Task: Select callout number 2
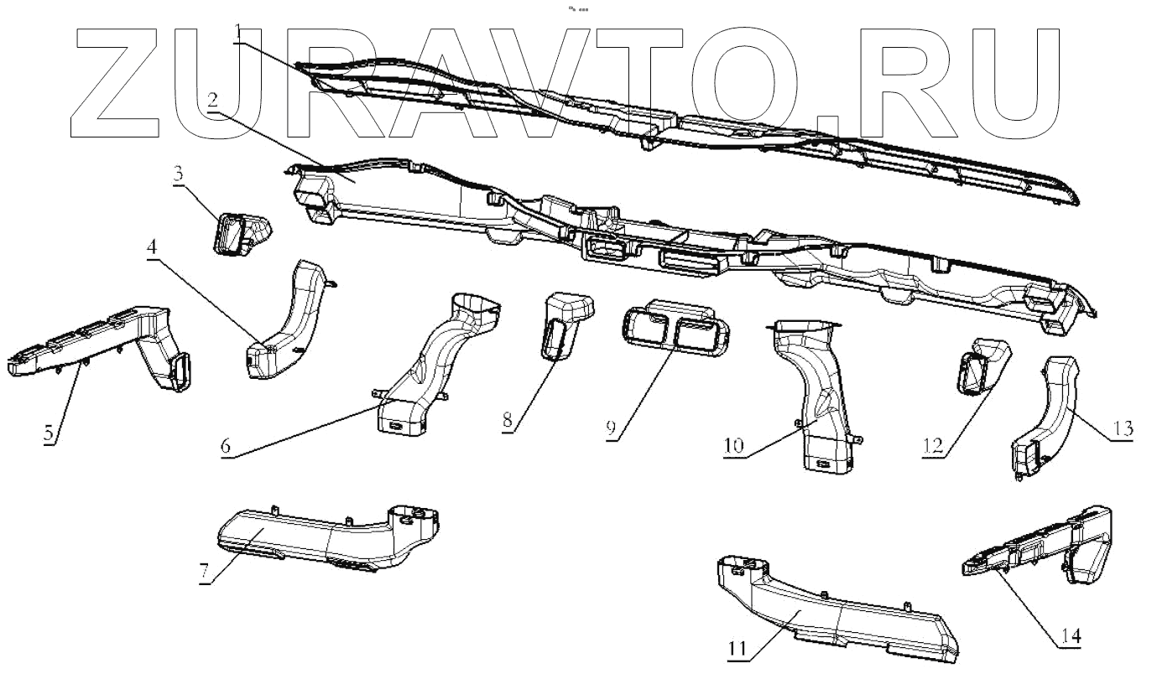212,100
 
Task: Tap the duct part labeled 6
436,360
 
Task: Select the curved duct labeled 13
1050,411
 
